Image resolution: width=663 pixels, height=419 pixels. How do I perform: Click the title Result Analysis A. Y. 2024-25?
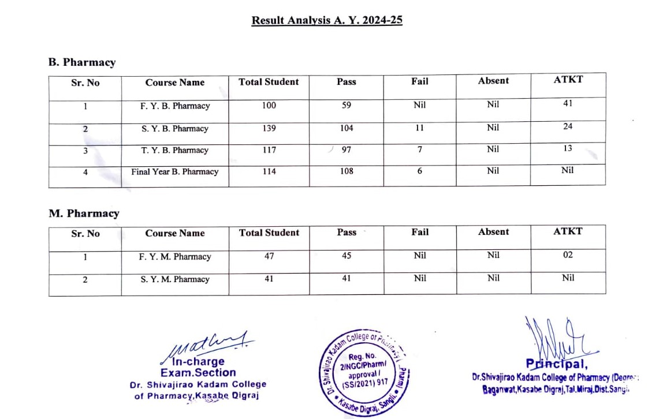click(327, 20)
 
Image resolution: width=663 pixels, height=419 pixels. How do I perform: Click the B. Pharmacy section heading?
click(82, 62)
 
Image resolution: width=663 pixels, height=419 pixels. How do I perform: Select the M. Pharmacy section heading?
click(84, 213)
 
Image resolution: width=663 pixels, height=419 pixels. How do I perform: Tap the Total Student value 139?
click(269, 128)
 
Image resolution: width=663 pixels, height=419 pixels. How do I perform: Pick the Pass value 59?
click(347, 106)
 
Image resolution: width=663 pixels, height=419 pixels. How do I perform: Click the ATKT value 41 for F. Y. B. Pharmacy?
click(568, 104)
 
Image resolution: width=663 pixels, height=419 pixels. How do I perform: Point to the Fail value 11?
click(420, 128)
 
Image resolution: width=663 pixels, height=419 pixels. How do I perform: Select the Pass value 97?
click(347, 150)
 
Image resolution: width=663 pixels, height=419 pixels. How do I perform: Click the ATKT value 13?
click(568, 148)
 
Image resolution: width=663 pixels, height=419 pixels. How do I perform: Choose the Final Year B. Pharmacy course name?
click(175, 171)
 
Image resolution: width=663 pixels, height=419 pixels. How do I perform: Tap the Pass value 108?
click(347, 171)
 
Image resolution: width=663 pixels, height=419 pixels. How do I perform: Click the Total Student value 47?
click(269, 256)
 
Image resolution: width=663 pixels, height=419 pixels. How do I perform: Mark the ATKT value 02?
click(568, 255)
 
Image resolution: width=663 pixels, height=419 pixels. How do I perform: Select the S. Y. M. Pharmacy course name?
click(175, 279)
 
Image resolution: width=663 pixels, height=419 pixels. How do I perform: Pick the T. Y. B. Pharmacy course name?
click(175, 150)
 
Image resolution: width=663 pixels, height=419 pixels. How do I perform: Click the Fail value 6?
click(420, 171)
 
